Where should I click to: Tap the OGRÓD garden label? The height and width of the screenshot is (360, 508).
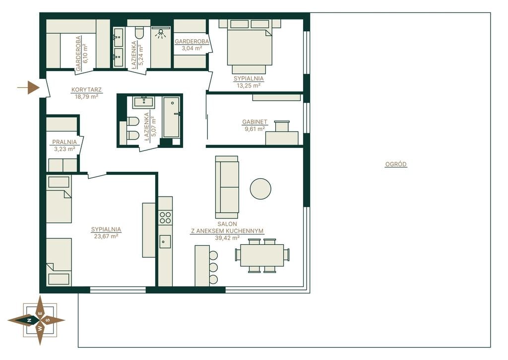(395, 164)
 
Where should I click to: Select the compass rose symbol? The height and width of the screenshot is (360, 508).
(36, 320)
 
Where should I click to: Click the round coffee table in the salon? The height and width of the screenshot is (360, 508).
(260, 189)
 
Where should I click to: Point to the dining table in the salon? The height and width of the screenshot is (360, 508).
(262, 255)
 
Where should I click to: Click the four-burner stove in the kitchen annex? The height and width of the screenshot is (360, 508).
(165, 217)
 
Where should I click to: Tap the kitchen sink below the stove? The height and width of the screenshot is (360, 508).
(165, 242)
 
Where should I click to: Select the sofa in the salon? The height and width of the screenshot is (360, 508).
(227, 187)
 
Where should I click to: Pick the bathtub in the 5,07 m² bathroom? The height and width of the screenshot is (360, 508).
(171, 117)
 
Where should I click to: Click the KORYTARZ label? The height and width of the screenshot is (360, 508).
(86, 89)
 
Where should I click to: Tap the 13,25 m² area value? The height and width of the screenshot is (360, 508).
(249, 85)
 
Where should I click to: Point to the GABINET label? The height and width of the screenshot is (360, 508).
(254, 122)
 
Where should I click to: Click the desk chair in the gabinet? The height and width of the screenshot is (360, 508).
(282, 126)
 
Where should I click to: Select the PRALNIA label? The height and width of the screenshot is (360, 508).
(64, 142)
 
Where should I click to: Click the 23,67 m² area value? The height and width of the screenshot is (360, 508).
(106, 236)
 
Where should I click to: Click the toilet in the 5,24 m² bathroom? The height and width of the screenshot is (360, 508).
(139, 33)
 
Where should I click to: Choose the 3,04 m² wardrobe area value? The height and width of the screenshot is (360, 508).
(192, 48)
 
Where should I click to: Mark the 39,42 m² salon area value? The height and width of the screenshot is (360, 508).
(227, 238)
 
